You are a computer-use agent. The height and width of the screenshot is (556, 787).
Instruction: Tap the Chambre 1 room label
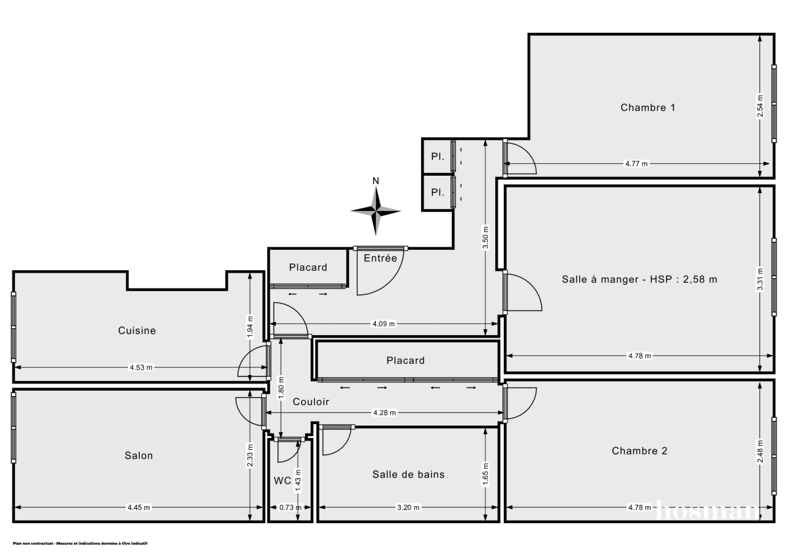coord(647,108)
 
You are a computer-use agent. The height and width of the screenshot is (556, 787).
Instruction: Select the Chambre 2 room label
coord(639,451)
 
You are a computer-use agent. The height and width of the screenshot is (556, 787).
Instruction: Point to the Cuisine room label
coord(137,330)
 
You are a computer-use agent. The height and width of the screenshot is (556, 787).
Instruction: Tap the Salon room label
coord(138,455)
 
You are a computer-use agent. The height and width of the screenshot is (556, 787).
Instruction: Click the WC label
coord(282,481)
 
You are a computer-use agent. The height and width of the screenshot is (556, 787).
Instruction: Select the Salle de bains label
coord(408,474)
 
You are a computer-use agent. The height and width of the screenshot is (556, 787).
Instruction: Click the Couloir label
coord(311,402)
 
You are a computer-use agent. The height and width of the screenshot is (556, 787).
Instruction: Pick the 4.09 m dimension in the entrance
coord(384,324)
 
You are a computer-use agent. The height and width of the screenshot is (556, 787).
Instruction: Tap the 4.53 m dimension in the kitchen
coord(140,367)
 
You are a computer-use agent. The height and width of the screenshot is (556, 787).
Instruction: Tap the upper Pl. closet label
coord(437,157)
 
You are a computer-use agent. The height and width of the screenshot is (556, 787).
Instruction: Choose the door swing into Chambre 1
coord(521,160)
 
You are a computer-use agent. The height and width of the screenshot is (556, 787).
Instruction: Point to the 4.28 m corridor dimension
coord(384,413)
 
